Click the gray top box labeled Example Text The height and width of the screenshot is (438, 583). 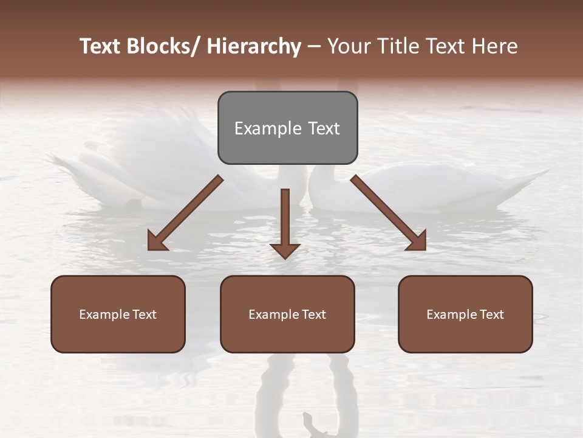click(x=287, y=128)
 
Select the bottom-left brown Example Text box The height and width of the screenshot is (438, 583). click(x=118, y=314)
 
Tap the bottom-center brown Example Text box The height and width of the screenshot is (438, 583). click(x=287, y=314)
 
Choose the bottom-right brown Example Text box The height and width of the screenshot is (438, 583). click(x=465, y=314)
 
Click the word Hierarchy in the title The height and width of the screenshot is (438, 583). click(x=254, y=46)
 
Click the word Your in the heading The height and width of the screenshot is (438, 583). click(x=348, y=46)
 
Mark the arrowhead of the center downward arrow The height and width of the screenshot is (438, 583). click(x=285, y=250)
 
